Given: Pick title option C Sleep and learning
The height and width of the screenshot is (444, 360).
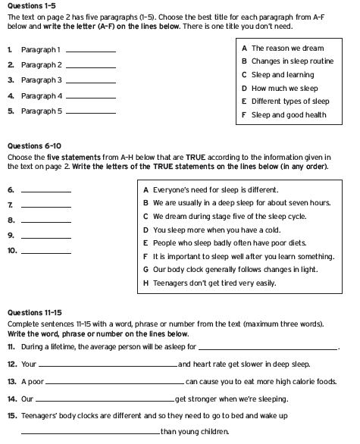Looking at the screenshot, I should (x=278, y=75).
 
